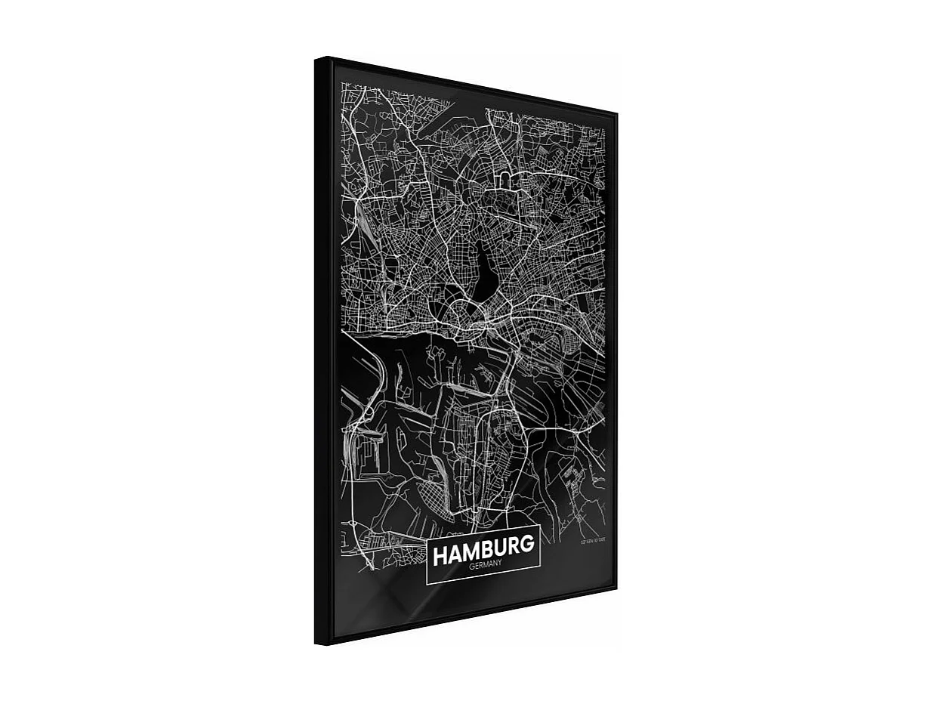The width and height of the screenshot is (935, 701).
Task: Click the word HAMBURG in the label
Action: tap(483, 549)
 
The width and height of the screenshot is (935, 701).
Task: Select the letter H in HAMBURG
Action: tap(440, 556)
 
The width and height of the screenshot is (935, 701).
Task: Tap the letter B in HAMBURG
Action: tap(487, 548)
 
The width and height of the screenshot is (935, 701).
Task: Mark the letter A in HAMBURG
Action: tap(454, 554)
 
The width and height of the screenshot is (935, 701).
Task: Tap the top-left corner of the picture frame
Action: tap(316, 58)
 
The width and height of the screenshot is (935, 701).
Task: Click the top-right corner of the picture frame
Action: tap(617, 114)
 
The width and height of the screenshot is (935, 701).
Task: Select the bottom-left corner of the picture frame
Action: tap(316, 643)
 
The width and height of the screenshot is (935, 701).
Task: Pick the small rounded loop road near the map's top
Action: tap(505, 158)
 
